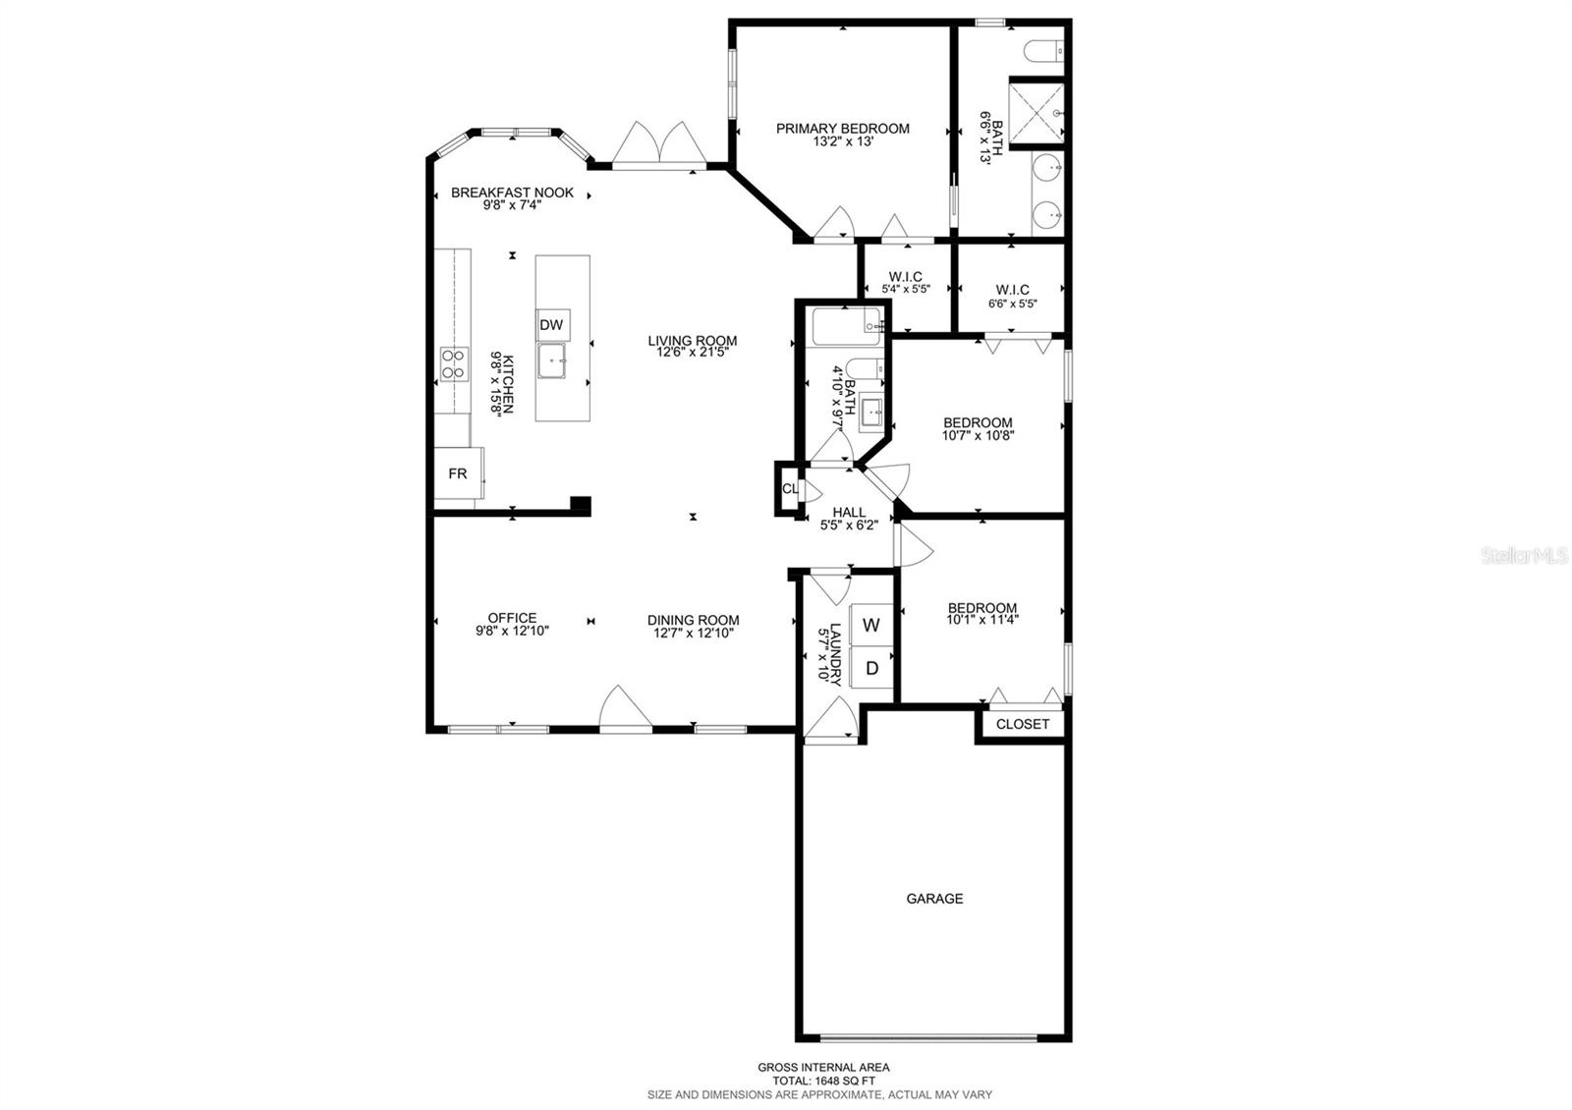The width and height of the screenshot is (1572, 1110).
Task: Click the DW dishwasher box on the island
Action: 552,325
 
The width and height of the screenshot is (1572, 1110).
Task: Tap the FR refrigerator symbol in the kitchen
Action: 458,473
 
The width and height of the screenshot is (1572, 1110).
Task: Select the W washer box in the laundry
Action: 871,625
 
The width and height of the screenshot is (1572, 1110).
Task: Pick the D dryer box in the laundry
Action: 871,668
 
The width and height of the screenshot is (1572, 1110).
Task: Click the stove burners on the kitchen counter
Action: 454,364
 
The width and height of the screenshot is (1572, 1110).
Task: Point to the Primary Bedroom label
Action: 843,129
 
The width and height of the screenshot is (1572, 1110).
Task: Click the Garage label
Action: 934,898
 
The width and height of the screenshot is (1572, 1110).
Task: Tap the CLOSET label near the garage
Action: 1023,724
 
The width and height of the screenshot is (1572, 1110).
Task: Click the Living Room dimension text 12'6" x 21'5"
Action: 692,353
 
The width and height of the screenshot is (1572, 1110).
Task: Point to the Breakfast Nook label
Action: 512,193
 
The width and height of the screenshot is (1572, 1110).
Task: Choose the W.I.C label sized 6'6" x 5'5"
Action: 1012,290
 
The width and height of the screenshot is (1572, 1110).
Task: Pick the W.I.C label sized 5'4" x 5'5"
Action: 905,277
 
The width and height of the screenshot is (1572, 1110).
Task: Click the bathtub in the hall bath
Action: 846,326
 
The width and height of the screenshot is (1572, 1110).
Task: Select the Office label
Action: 512,618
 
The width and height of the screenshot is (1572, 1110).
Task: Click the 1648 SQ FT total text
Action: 823,1081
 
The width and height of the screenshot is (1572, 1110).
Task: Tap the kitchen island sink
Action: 552,361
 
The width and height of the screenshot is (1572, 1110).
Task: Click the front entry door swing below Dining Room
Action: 626,709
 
